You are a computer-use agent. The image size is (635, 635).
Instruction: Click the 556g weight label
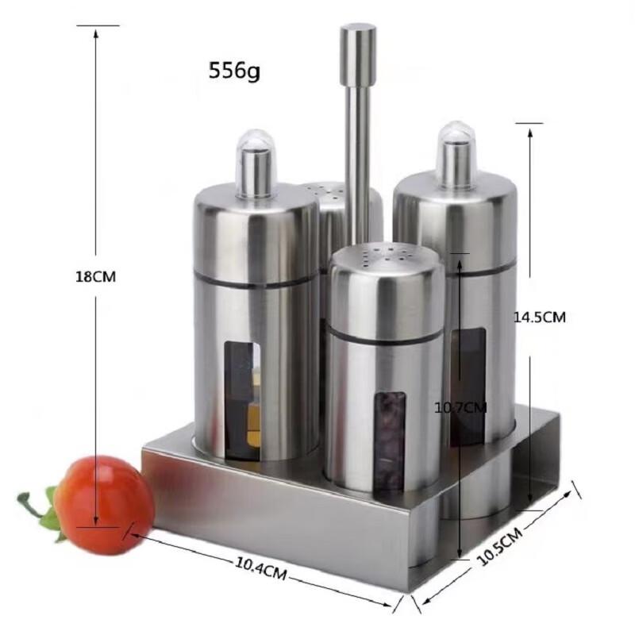[x=234, y=71]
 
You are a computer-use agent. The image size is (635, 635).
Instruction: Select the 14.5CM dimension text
[x=539, y=316]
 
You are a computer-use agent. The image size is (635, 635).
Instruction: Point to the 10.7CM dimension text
[x=460, y=408]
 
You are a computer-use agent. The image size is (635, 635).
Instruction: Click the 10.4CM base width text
[x=262, y=568]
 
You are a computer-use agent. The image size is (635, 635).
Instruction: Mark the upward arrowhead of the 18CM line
[x=95, y=33]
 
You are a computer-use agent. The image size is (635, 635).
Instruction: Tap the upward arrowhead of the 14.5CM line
[x=529, y=131]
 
